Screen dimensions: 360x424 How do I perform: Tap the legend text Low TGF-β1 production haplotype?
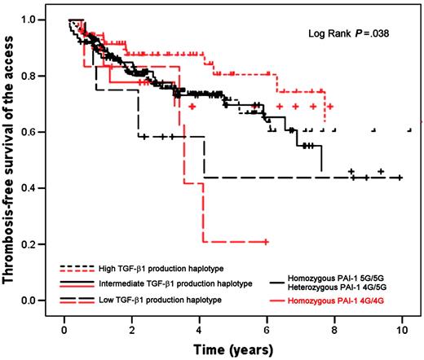(160, 301)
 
